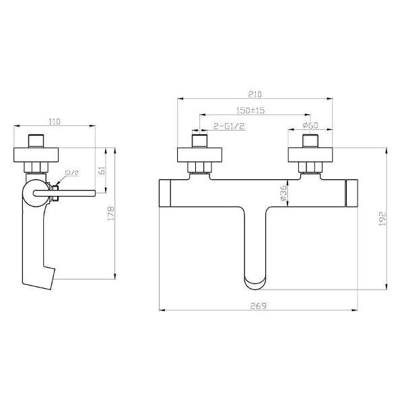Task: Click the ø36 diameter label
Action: [283, 195]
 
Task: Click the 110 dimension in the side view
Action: [55, 121]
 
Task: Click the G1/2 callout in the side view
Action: [73, 174]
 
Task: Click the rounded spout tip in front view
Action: [255, 276]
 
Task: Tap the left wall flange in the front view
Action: [199, 155]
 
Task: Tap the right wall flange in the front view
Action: [310, 155]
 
